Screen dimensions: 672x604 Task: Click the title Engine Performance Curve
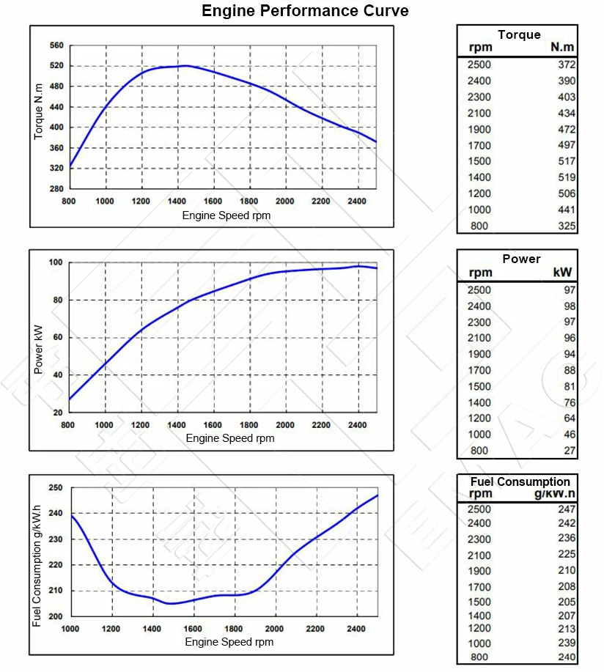tap(305, 11)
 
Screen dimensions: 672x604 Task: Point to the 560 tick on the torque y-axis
tap(56, 45)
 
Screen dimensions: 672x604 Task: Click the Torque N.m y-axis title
tap(40, 111)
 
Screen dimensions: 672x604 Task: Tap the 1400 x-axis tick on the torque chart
tap(177, 202)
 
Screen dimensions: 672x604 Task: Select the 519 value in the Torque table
tap(566, 177)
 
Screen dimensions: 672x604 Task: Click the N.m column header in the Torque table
tap(562, 48)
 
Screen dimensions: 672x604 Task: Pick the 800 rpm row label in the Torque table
tap(479, 226)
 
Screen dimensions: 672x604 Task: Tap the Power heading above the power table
tap(521, 259)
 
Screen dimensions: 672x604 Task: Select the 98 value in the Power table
tap(570, 306)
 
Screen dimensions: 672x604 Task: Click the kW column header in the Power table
tap(562, 273)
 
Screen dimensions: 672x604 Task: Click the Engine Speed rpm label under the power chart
tap(230, 438)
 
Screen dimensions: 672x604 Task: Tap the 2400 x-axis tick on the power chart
tap(357, 425)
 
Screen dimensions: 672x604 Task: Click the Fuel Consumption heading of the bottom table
tap(520, 481)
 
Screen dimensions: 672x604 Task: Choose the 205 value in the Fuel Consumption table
tap(566, 602)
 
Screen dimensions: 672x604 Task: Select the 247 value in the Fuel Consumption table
tap(566, 509)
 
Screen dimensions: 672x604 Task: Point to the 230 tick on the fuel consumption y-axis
tap(56, 539)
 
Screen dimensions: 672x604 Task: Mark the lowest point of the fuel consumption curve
tap(172, 603)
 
